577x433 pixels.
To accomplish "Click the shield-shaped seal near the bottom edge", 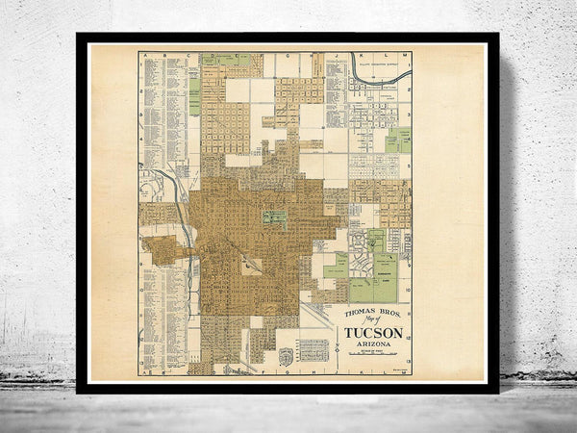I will click(x=285, y=355).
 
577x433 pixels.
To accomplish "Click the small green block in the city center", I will click(x=274, y=217).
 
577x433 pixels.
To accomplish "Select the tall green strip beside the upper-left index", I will click(x=194, y=96).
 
